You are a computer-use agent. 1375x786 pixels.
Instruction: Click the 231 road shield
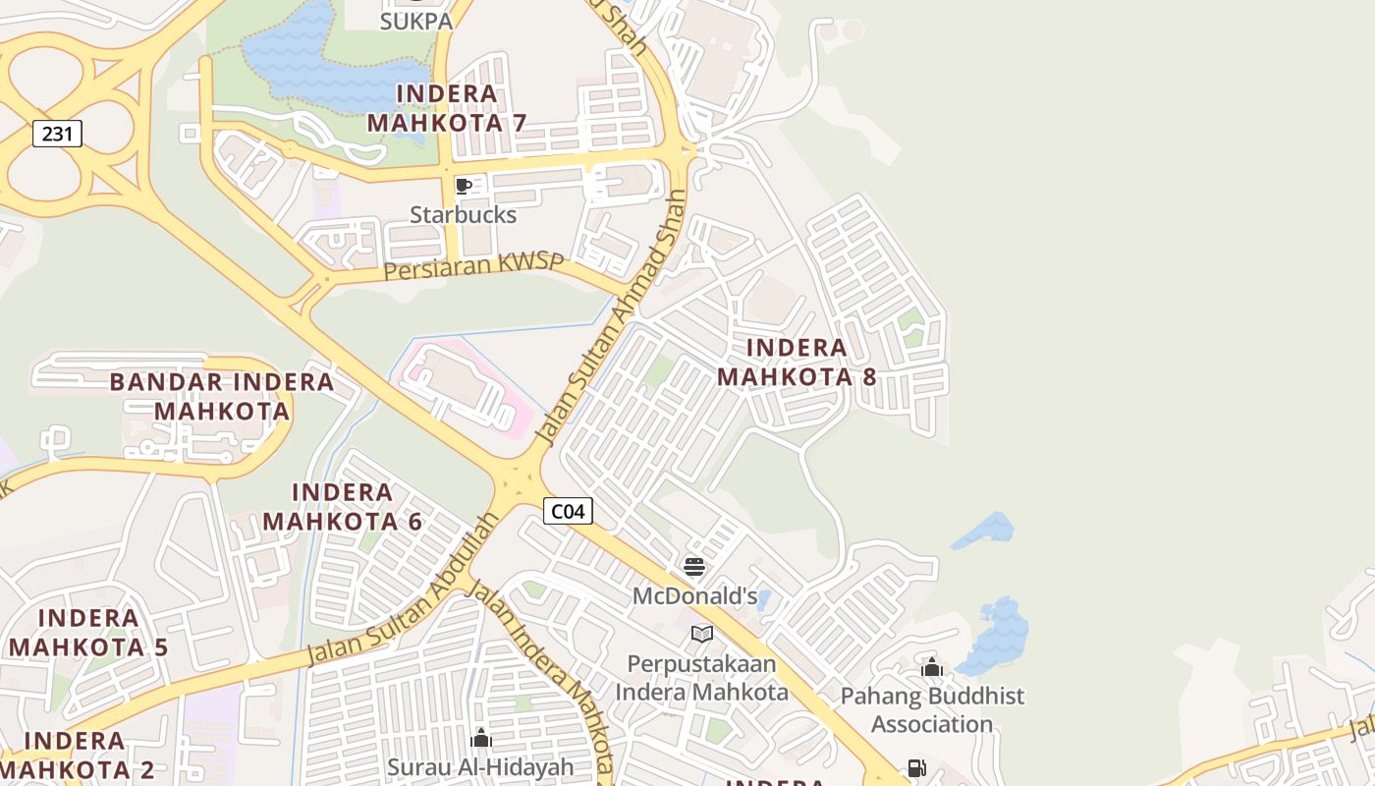click(57, 134)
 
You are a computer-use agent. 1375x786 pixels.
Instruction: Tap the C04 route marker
click(568, 511)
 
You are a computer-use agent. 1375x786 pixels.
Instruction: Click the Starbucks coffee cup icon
click(464, 186)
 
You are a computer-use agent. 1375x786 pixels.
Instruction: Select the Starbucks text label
click(463, 214)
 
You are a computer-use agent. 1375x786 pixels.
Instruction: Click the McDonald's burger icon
click(694, 566)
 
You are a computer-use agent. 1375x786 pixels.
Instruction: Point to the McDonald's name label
click(694, 595)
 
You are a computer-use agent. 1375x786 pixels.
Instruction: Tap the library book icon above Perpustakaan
click(701, 634)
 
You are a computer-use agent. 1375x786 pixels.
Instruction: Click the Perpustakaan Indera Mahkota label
click(701, 678)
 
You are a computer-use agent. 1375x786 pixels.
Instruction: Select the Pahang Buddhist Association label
click(932, 709)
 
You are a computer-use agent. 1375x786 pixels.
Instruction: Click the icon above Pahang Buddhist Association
click(932, 668)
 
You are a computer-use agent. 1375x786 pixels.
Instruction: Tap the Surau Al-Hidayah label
click(480, 766)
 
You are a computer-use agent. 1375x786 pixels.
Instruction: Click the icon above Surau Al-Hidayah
click(481, 737)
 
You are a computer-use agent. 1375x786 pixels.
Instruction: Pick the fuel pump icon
click(916, 768)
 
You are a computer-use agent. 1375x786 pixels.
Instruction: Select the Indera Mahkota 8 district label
click(797, 362)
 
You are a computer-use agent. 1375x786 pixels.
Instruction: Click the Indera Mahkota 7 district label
click(447, 108)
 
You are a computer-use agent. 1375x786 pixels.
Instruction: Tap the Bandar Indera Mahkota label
click(222, 395)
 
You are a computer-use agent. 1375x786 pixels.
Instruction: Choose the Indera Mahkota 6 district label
click(343, 506)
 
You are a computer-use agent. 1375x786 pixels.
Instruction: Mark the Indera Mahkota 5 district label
click(88, 632)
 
